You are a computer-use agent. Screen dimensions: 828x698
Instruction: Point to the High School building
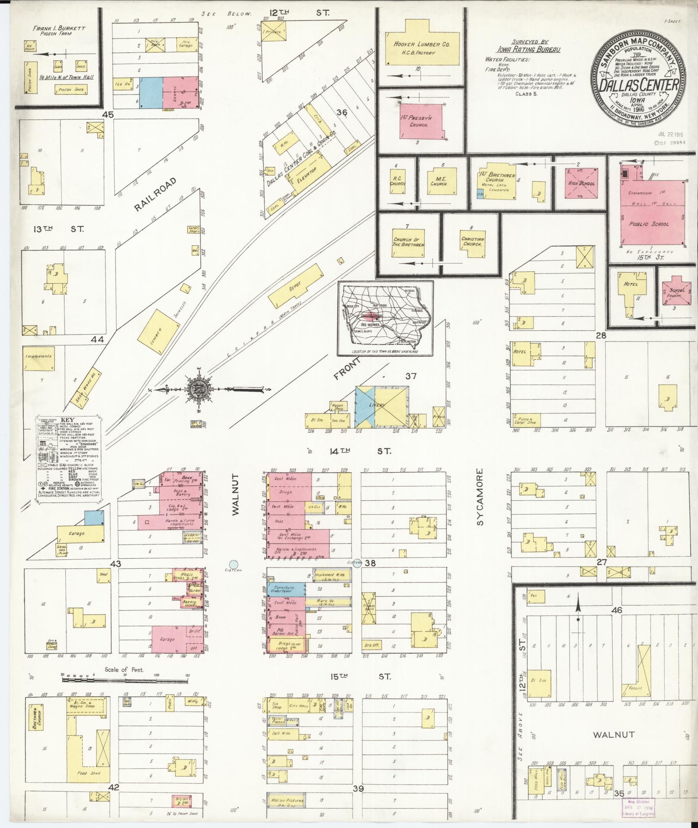[581, 184]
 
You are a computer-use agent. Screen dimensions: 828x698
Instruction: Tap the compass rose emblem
[198, 389]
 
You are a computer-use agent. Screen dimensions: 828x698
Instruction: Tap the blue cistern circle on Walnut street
[234, 564]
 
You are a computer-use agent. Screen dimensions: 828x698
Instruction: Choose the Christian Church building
[472, 242]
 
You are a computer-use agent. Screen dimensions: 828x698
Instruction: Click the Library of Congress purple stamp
[639, 807]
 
